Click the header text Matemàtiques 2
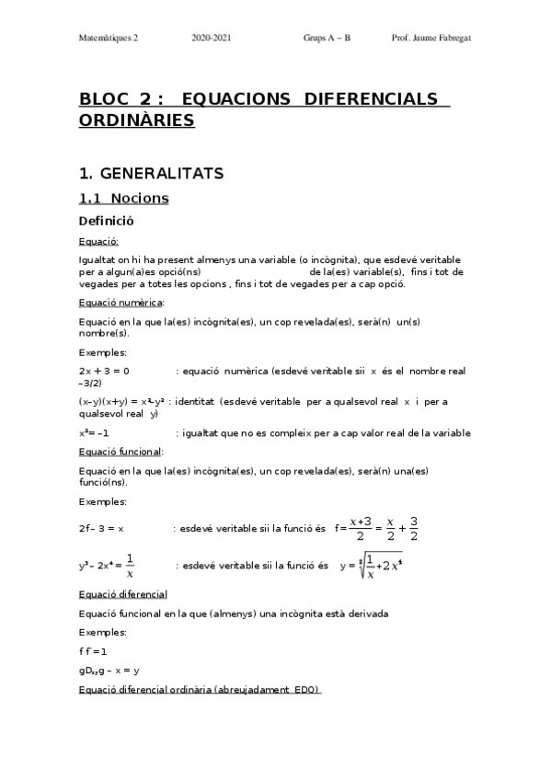point(108,39)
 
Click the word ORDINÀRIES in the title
point(137,120)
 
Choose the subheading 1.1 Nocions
point(123,198)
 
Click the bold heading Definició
point(107,221)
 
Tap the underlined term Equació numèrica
point(121,303)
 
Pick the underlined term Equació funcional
point(121,452)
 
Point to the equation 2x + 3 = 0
point(104,371)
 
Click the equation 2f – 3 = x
point(101,529)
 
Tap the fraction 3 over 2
point(414,529)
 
